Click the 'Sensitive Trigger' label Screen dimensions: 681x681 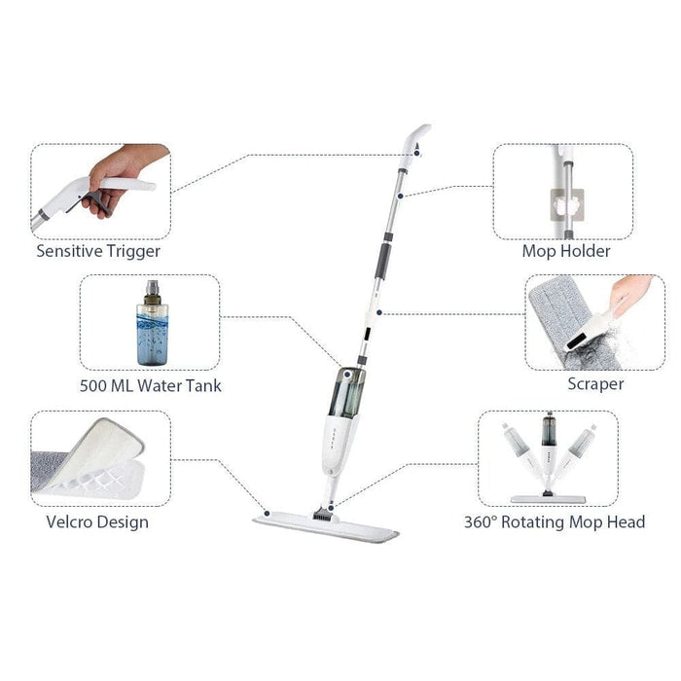(x=98, y=250)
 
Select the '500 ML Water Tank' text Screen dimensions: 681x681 (x=150, y=385)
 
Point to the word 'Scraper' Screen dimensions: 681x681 (x=595, y=383)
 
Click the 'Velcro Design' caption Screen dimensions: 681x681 (x=97, y=521)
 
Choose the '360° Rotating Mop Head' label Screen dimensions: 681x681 (x=555, y=522)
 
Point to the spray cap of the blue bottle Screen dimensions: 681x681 (x=151, y=291)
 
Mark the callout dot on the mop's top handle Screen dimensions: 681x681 (x=417, y=152)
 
